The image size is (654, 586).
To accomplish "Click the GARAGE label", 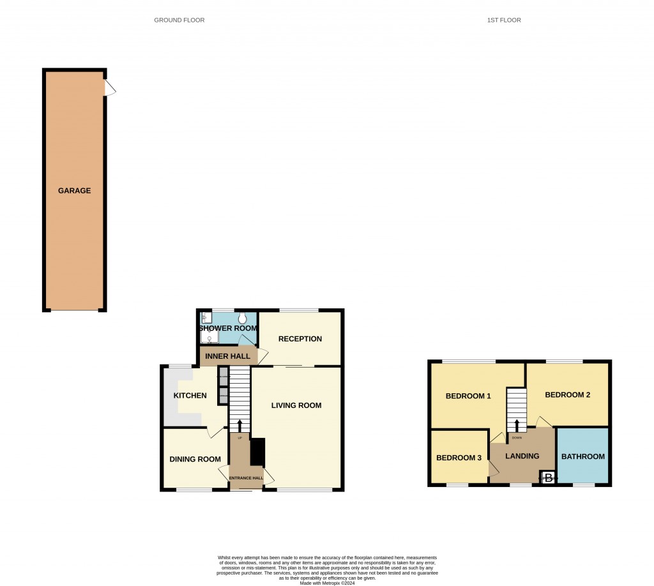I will click(x=75, y=190).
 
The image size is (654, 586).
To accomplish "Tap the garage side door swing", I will click(x=110, y=88).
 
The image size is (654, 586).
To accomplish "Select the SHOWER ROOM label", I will click(x=228, y=328).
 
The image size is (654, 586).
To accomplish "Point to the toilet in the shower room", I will click(x=243, y=317).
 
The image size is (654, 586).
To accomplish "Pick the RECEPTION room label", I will click(x=300, y=339).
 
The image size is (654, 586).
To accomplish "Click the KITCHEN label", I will click(x=190, y=396).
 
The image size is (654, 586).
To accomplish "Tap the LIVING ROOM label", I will click(x=296, y=405).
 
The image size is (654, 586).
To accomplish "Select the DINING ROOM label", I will click(x=195, y=459).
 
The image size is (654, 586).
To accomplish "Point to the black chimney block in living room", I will click(x=257, y=452).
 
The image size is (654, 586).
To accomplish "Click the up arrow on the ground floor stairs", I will click(x=240, y=426).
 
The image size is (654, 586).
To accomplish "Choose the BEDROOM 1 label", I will click(x=468, y=396).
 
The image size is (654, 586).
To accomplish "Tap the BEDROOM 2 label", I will click(x=567, y=395).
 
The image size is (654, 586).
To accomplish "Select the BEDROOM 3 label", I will click(x=459, y=458).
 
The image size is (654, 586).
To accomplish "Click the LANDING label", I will click(x=522, y=456).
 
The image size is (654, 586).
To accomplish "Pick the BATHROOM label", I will click(x=582, y=456).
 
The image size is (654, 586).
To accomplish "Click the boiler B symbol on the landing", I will click(x=548, y=477).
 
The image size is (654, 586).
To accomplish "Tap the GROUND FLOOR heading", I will click(x=179, y=20).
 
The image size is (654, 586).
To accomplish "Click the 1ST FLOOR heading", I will click(x=504, y=20).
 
